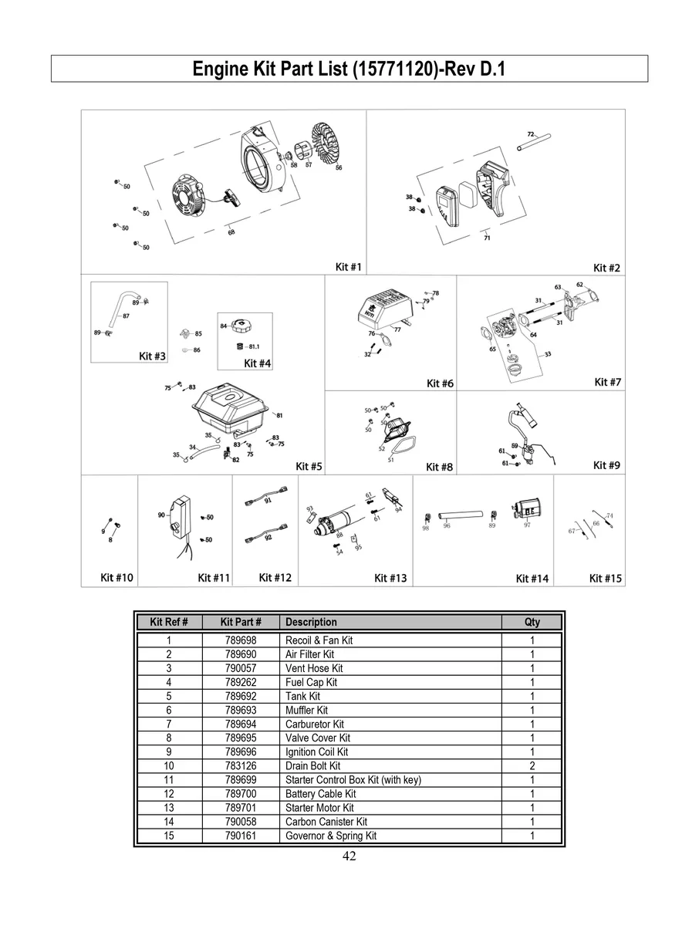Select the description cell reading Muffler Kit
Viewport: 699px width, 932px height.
tap(306, 710)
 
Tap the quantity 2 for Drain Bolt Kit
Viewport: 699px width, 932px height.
tap(532, 766)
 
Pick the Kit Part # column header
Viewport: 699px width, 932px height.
tap(241, 622)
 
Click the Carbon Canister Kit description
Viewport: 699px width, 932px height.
tap(326, 822)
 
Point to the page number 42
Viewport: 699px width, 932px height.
tap(349, 856)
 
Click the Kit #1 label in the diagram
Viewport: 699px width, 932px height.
tap(349, 267)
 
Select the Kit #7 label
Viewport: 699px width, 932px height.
tap(607, 382)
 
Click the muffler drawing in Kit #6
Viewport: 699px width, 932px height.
tap(384, 309)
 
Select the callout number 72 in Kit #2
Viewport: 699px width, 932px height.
tap(531, 133)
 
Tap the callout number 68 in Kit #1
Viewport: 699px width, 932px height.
tap(231, 233)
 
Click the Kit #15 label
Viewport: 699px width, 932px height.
tap(606, 578)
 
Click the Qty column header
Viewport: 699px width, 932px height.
tap(532, 622)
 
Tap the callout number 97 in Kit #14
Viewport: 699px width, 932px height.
tap(527, 525)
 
